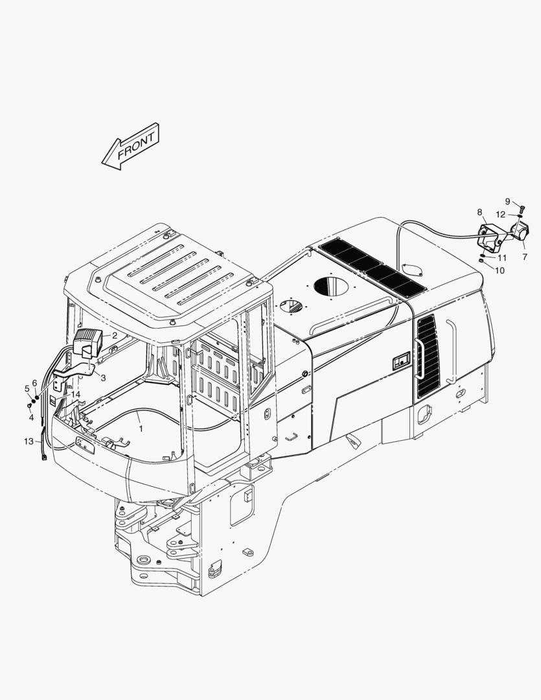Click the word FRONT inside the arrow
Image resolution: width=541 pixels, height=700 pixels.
pos(135,145)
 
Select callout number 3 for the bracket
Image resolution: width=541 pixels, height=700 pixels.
pos(103,378)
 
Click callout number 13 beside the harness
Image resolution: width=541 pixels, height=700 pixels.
pos(29,441)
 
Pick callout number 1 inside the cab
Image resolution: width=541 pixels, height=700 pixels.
pos(141,428)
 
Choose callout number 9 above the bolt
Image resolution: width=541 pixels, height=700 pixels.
pos(507,202)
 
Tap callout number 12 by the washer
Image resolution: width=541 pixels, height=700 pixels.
pos(500,215)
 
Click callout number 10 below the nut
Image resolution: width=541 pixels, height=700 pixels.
pos(500,270)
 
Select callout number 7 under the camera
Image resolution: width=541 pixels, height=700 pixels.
pos(525,257)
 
